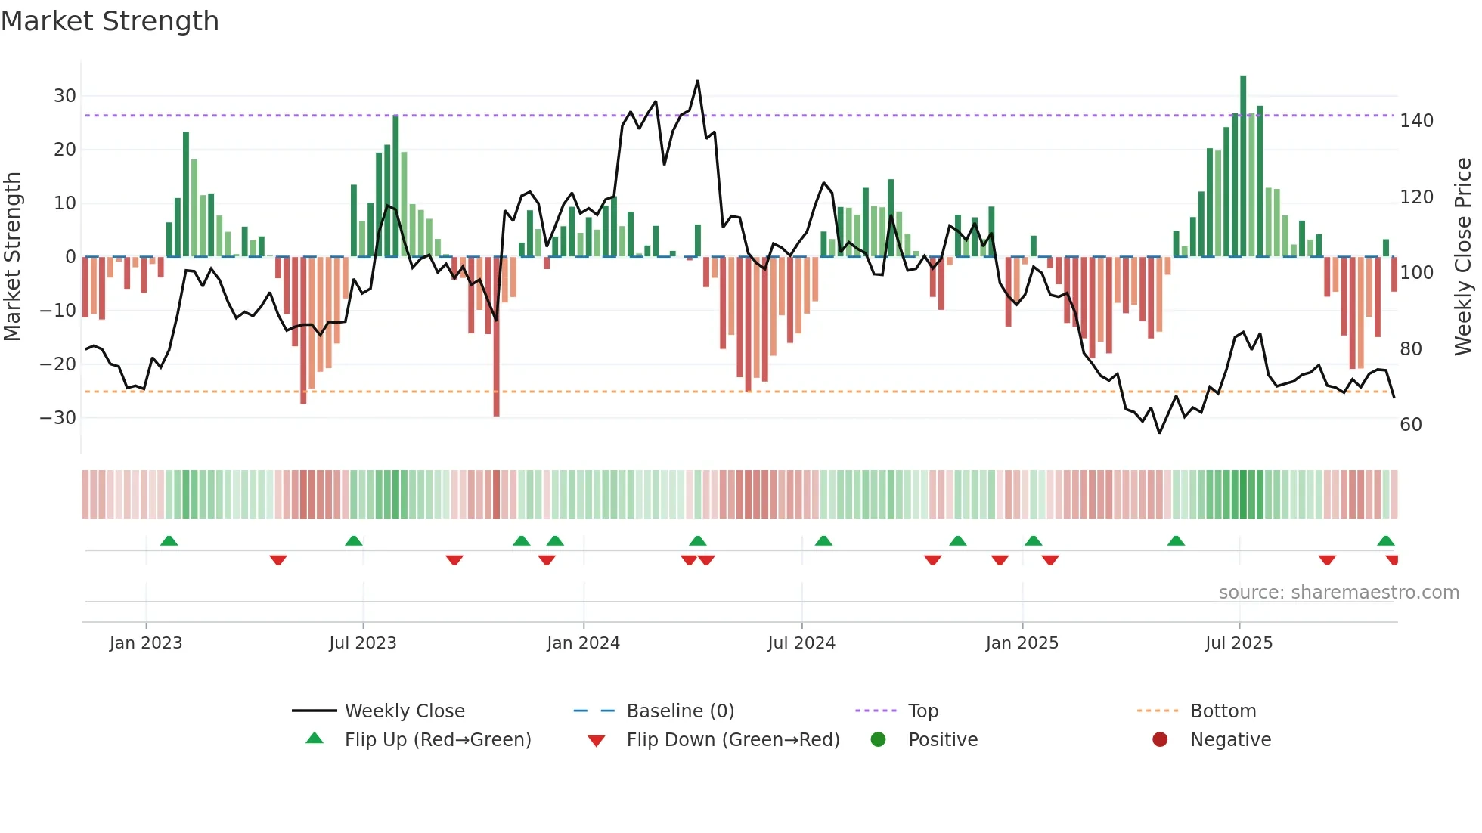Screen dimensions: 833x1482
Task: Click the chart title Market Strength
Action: click(x=110, y=21)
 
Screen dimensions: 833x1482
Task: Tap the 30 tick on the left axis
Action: click(x=65, y=96)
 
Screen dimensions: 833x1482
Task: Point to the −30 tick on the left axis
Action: click(x=58, y=418)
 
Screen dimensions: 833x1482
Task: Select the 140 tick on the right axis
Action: click(x=1416, y=121)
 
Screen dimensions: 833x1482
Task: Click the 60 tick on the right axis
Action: click(x=1411, y=425)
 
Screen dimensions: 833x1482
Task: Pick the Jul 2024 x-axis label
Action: click(x=801, y=643)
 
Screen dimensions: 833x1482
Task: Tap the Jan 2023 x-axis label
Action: click(x=146, y=643)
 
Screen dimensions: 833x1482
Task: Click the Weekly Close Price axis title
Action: click(x=1464, y=257)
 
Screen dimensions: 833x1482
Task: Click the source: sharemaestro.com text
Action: click(x=1338, y=593)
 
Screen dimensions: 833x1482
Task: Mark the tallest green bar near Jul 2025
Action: click(x=1243, y=166)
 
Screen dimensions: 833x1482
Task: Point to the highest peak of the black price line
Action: click(x=697, y=81)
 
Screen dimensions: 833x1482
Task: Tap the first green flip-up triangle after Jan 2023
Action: click(x=169, y=540)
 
